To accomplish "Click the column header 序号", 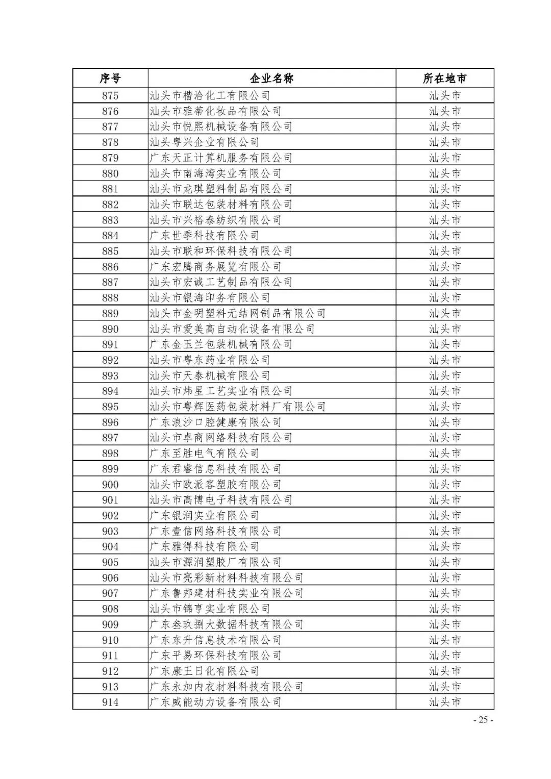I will [110, 79].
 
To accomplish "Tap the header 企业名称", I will [271, 79].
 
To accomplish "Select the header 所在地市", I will [444, 79].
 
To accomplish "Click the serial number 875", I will [110, 95].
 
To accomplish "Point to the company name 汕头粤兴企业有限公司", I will [204, 142].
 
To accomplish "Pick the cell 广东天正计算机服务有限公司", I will [221, 158].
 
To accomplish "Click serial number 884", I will [110, 236].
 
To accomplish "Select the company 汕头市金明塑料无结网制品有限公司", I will [237, 313].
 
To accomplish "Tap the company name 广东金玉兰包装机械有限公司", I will [221, 344].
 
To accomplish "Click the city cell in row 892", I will [444, 360].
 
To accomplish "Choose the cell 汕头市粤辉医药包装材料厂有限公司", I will [237, 407].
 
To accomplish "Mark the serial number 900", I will [110, 485].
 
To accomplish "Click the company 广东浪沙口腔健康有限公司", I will [215, 422].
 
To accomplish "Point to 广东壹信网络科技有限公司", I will [215, 531].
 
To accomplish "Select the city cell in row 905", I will [444, 562].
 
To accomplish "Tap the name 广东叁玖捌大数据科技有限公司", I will [227, 624].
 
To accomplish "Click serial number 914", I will [110, 702].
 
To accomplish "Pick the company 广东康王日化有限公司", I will [204, 671].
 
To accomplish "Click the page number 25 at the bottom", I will [483, 720].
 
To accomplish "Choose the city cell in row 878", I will [444, 142].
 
